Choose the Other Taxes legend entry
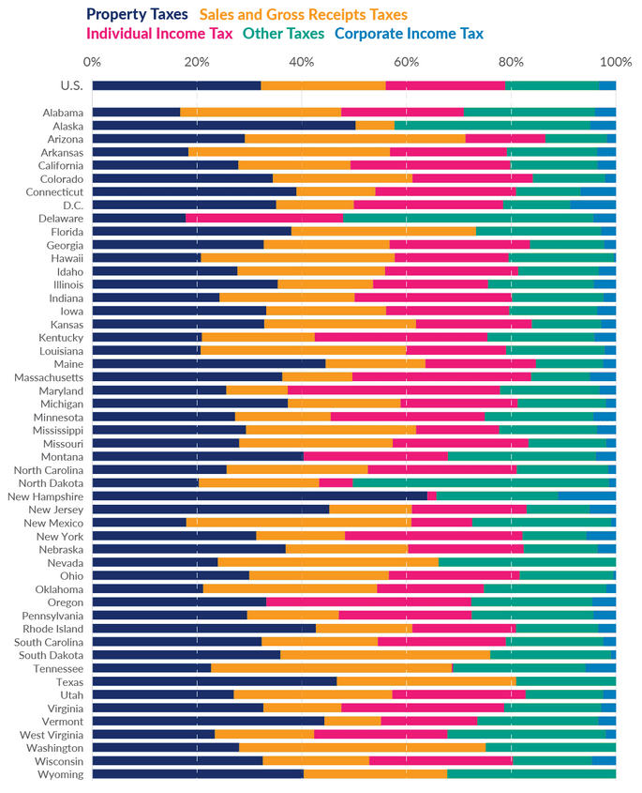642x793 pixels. tap(284, 34)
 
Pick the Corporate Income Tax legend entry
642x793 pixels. tap(409, 34)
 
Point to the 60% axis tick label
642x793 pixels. tap(406, 62)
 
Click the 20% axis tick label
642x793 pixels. tap(196, 62)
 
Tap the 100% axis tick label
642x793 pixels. tap(615, 62)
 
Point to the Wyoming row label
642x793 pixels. tap(61, 774)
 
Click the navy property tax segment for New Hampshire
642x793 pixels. tap(260, 496)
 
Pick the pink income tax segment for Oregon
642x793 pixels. tap(368, 602)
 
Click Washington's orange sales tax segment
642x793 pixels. tap(362, 748)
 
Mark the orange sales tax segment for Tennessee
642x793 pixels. tap(331, 668)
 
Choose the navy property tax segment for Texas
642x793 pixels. tap(214, 681)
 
